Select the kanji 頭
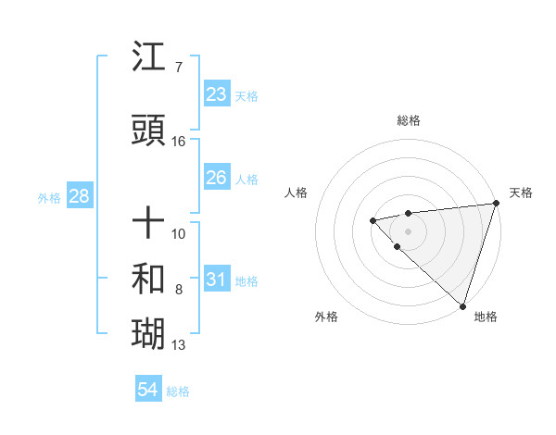coord(150,131)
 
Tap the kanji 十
coord(150,222)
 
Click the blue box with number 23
coord(216,94)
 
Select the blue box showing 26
coord(216,178)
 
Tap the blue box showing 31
coord(216,280)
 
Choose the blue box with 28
coord(78,196)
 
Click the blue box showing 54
coord(148,390)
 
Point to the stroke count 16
coord(179,142)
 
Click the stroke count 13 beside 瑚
coord(179,345)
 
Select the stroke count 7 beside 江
coord(178,68)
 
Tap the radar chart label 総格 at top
coord(409,120)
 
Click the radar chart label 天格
coord(521,193)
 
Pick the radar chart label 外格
coord(326,317)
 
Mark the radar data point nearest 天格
coord(495,204)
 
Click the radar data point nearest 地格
coord(462,305)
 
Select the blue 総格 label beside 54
coord(178,391)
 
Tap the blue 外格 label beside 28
coord(49,198)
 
